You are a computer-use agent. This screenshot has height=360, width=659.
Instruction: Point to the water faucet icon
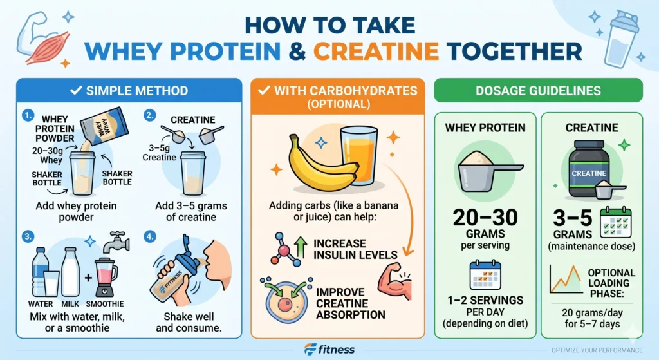click(x=116, y=241)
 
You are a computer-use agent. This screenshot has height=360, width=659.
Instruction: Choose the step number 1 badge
click(x=27, y=116)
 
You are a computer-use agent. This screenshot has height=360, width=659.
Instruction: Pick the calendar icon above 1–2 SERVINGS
click(x=485, y=274)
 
